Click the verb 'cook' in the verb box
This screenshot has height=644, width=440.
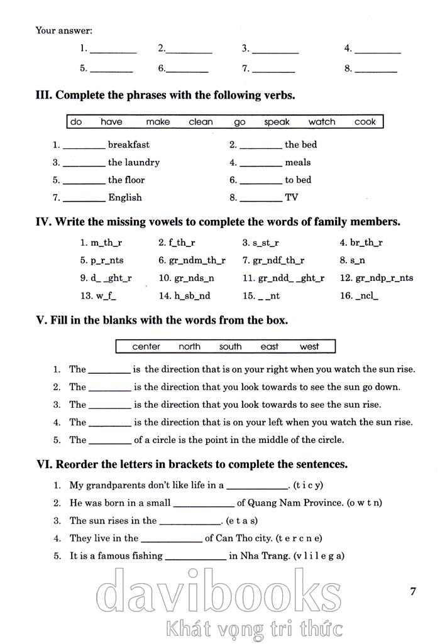coord(365,122)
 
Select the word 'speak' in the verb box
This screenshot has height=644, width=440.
coord(277,122)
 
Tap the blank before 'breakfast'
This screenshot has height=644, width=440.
coord(84,146)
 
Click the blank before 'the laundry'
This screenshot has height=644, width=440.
coord(84,163)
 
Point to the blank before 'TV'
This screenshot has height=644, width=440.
coord(261,199)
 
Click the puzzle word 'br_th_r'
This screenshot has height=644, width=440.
coord(366,243)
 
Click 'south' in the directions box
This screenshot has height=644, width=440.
coord(230,346)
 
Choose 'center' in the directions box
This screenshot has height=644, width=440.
coord(146,346)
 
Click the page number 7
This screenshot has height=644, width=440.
coord(412,591)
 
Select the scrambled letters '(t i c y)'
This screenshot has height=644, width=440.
coord(309,485)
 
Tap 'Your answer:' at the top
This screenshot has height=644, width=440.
coord(63,30)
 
